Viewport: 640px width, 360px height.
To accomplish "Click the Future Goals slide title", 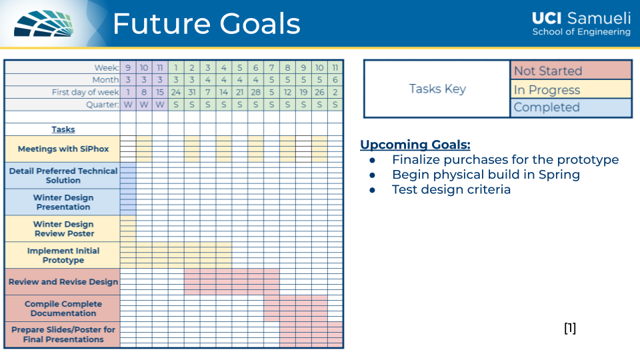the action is tap(207, 24).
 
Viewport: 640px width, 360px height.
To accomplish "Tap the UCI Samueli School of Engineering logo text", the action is tap(581, 24).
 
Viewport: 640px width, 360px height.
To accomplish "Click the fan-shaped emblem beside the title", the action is tap(44, 24).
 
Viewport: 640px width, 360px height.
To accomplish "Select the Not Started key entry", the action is tap(571, 70).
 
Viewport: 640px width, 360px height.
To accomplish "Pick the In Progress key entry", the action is tap(571, 89).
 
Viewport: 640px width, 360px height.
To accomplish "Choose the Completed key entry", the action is tap(571, 107).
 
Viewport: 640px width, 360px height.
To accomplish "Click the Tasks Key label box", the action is tap(437, 89).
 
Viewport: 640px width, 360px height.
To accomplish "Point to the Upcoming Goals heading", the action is tap(415, 145).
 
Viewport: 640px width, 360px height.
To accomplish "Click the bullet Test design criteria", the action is tap(451, 189).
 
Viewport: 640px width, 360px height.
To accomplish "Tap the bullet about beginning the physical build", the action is tap(486, 175).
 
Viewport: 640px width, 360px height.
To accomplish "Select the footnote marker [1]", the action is tap(570, 328).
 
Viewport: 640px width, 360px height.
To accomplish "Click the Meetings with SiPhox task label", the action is tap(63, 149).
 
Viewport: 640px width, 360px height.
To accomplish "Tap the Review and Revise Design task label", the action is tap(63, 281).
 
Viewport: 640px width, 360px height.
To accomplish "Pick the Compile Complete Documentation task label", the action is tap(63, 309).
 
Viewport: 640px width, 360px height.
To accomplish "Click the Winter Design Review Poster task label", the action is tap(63, 229).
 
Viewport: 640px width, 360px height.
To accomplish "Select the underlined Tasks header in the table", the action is tap(63, 129).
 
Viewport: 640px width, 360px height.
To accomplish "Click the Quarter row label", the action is tap(103, 105).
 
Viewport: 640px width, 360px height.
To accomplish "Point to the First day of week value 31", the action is tap(192, 92).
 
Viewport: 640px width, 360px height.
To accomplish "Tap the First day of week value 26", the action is tap(319, 92).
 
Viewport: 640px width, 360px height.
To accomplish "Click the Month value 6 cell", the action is tap(335, 80).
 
